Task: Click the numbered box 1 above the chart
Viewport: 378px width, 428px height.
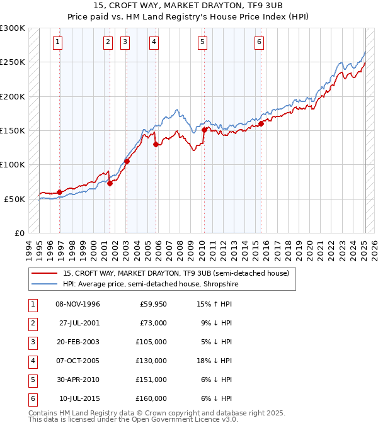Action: coord(57,42)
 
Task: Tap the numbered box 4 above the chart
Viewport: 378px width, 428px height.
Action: coord(154,42)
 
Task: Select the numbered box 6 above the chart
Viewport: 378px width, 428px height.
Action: coord(259,42)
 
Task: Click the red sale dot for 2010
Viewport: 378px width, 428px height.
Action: coord(205,130)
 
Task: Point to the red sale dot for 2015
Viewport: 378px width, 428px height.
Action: coord(261,123)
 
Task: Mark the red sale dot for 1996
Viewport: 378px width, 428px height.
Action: coord(60,192)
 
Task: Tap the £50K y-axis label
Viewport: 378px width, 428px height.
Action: coord(14,199)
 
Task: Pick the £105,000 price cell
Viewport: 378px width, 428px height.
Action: coord(151,342)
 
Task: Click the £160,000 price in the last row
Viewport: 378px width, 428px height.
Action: coord(151,399)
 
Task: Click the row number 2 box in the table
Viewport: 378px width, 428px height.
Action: coord(32,324)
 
